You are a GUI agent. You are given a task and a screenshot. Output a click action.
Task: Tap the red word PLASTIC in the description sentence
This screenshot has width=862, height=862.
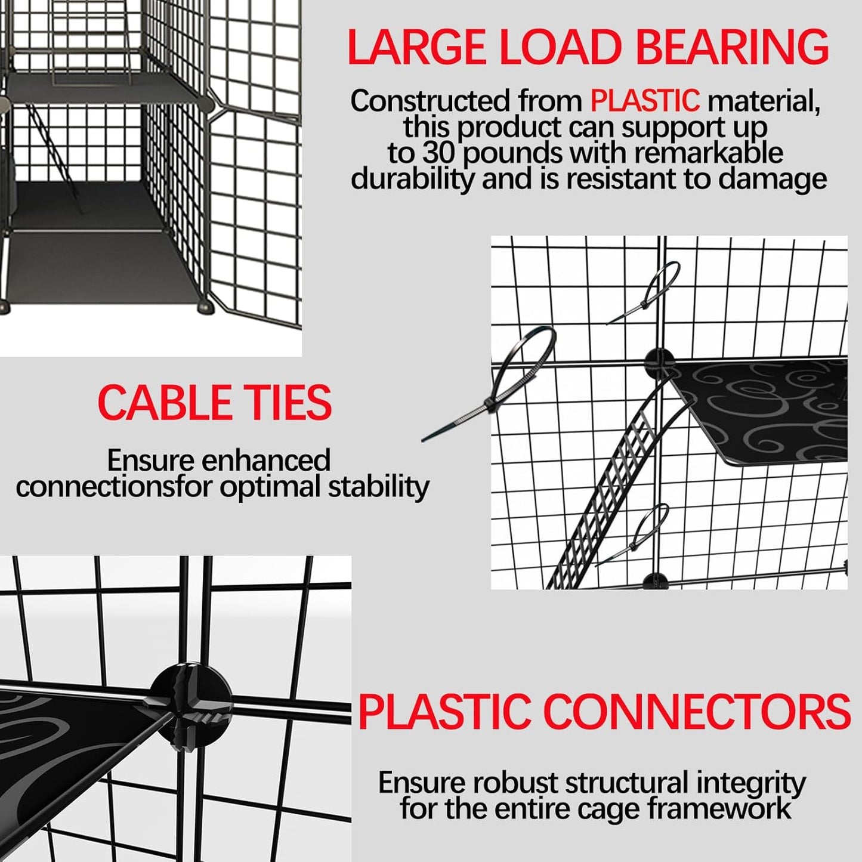644,101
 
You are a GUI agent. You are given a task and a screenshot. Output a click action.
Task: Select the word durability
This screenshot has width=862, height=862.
412,179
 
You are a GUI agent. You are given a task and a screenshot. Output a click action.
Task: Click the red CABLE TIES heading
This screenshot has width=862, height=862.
215,403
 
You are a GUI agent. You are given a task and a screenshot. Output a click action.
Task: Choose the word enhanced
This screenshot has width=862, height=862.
265,461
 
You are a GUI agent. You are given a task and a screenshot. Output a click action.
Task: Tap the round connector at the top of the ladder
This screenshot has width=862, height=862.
659,362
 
